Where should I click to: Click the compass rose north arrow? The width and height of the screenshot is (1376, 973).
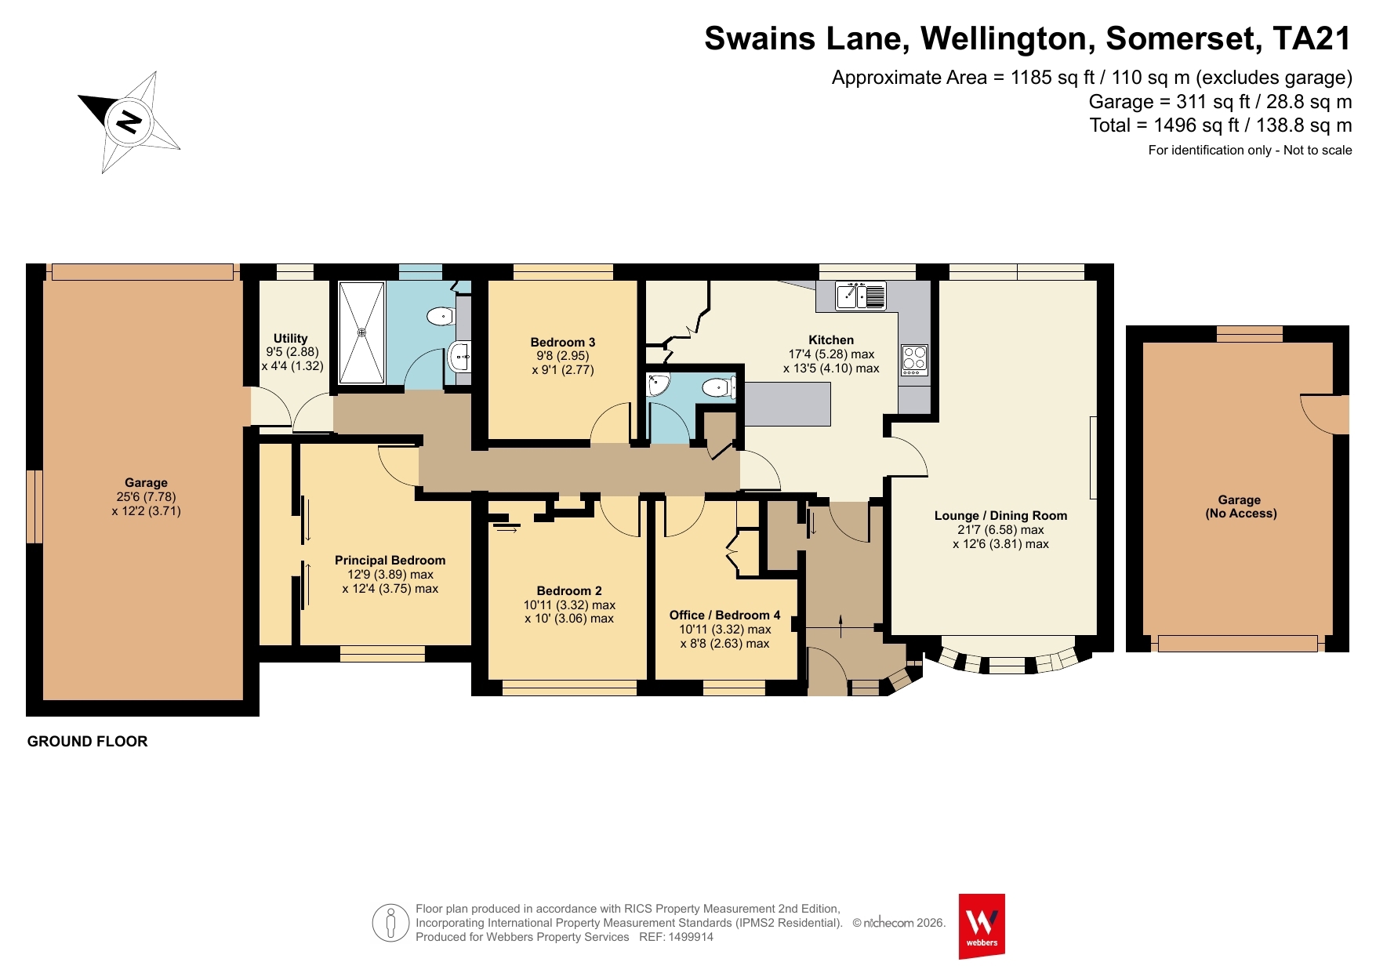129,122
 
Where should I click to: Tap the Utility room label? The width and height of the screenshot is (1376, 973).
290,338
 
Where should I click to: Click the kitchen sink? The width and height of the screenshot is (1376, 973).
861,296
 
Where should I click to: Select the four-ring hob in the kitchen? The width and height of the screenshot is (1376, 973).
914,359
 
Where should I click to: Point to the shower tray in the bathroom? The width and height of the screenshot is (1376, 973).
361,332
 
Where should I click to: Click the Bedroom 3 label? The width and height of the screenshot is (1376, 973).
562,342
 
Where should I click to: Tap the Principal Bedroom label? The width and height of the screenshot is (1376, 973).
390,560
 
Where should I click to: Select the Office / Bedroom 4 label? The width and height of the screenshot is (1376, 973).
724,615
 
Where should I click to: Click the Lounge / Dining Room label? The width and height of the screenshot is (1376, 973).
1000,515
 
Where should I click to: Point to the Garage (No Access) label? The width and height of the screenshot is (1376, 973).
1240,506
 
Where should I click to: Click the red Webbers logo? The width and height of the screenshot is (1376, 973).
982,926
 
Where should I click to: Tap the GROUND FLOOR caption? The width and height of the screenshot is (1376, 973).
87,741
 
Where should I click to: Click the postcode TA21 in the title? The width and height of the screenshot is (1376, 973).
1312,38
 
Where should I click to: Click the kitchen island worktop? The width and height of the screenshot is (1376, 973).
786,404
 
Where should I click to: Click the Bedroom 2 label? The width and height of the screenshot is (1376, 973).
569,590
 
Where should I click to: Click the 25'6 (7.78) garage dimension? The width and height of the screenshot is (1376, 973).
146,497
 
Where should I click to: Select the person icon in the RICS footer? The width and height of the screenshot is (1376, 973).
391,923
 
